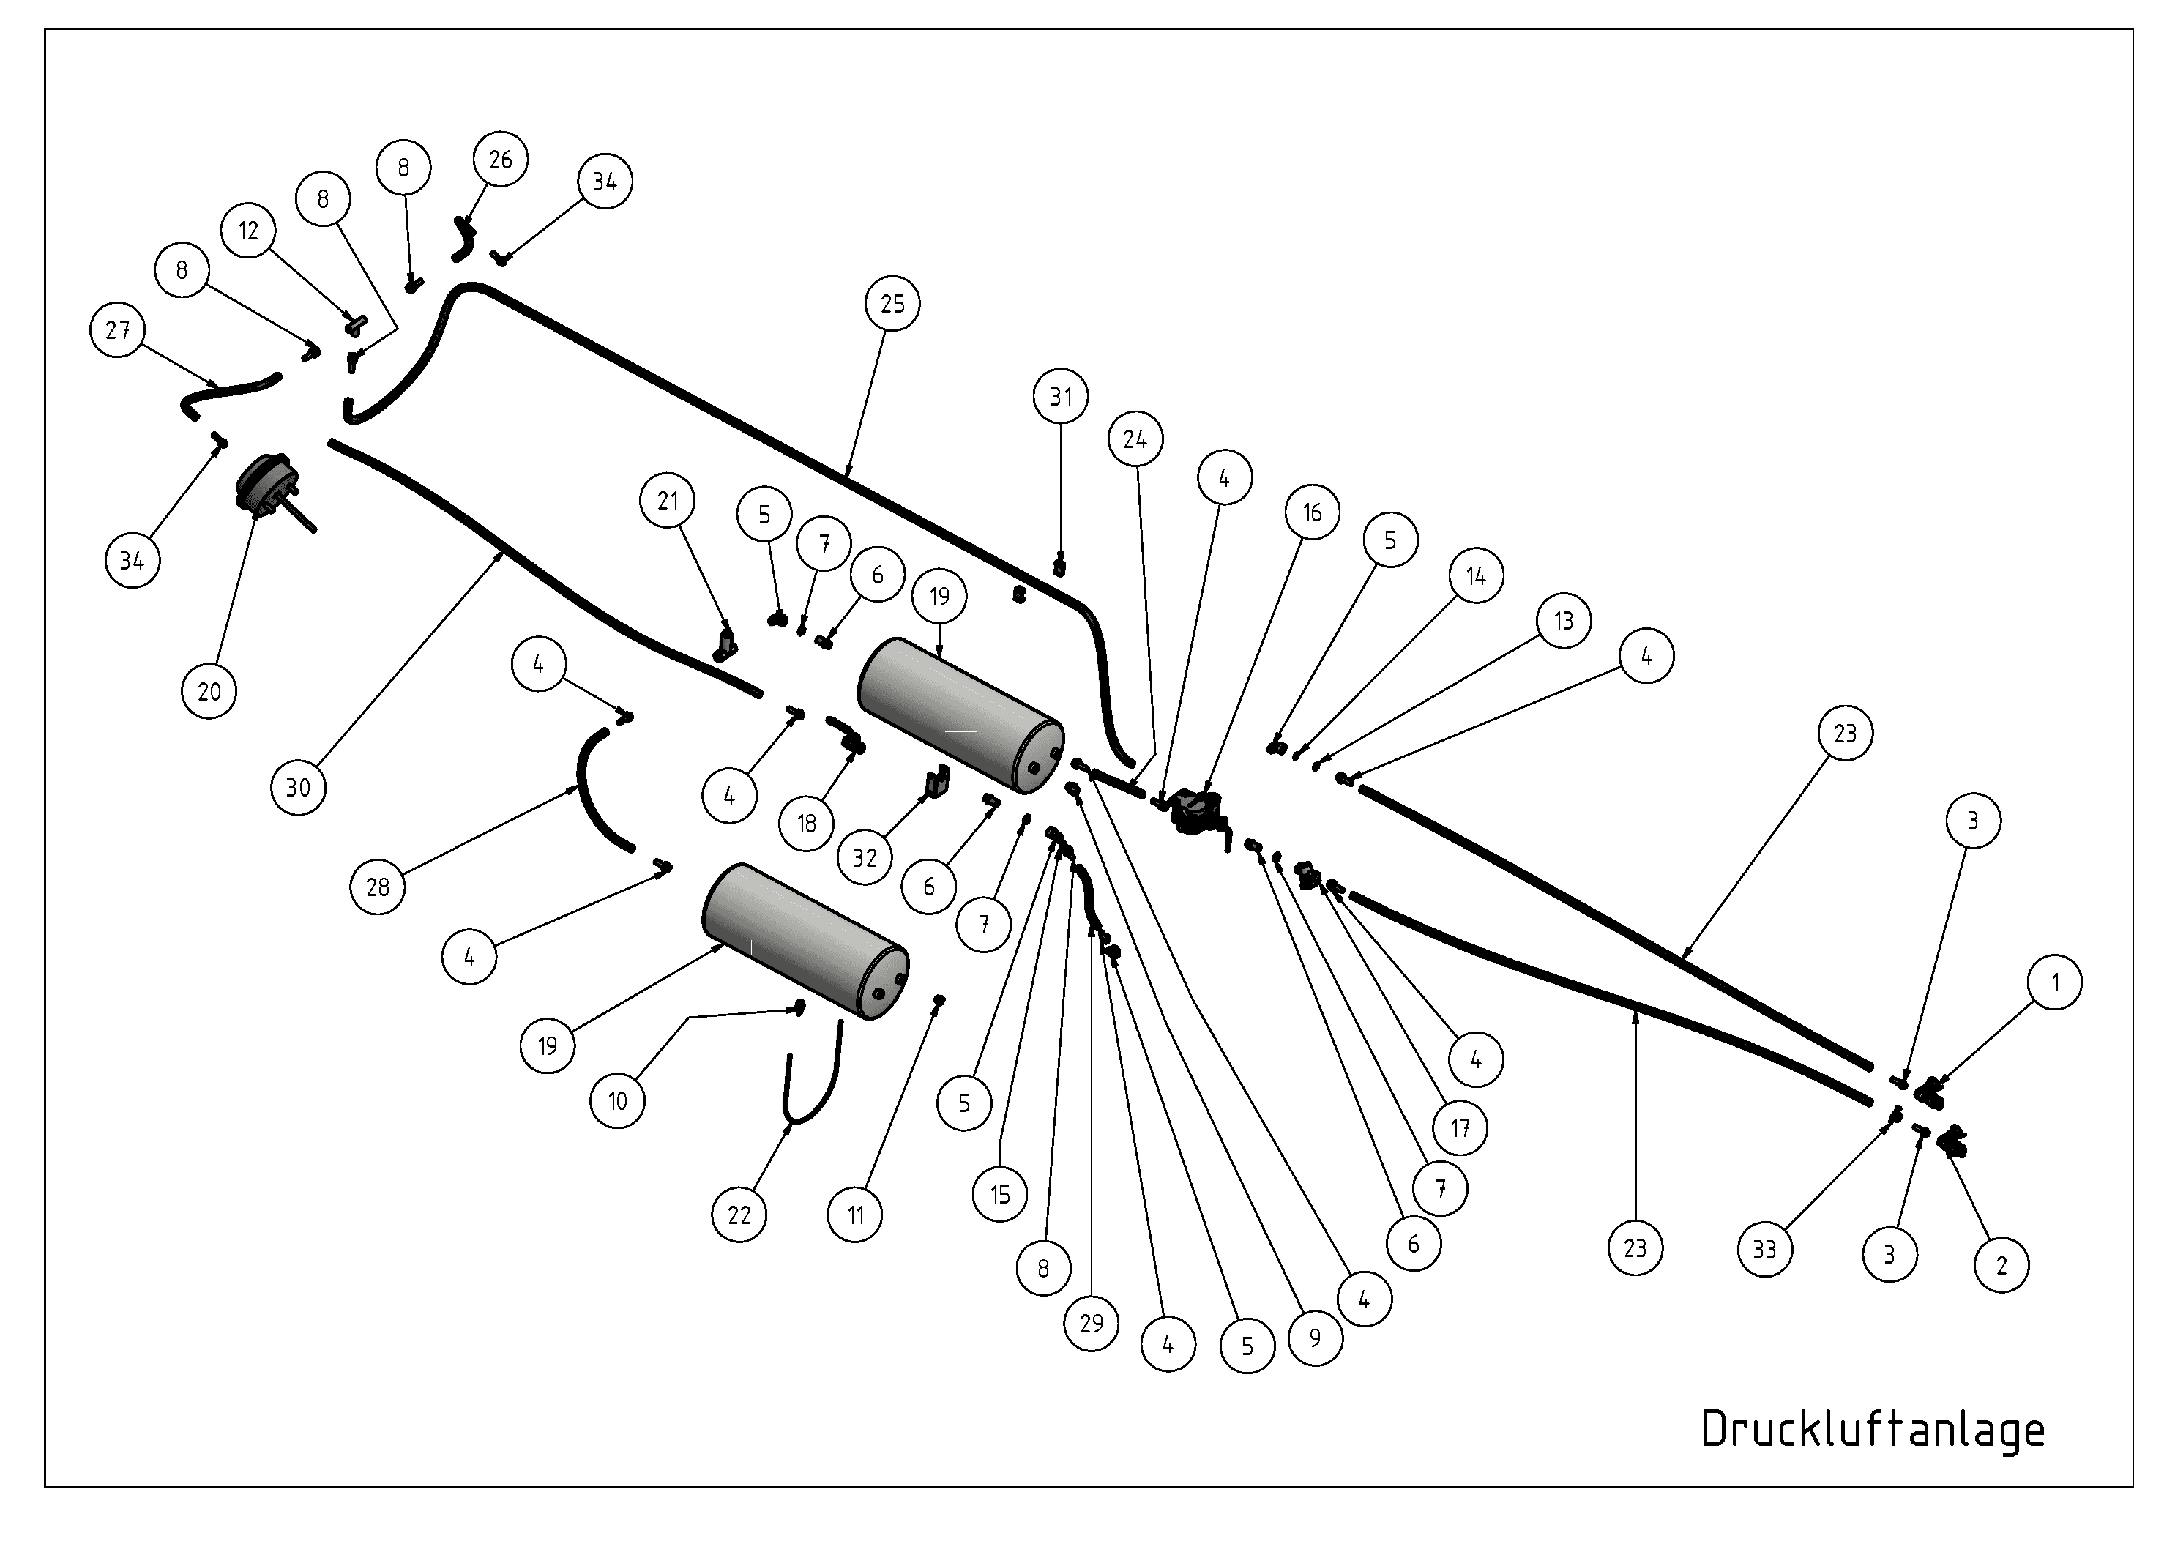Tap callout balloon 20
209,691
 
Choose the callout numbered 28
378,887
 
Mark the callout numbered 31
1061,397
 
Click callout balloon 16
1312,512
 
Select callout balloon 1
2055,982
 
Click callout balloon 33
1764,1249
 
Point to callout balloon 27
118,330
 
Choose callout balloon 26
501,160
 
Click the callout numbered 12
248,231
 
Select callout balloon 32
864,857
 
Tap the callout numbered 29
1092,1322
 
